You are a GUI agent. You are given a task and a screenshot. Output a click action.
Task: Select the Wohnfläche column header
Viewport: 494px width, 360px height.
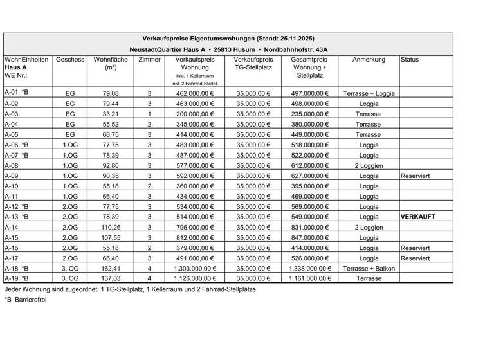pyautogui.click(x=110, y=64)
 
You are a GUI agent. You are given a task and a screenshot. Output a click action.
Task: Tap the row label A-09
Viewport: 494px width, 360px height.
pyautogui.click(x=12, y=174)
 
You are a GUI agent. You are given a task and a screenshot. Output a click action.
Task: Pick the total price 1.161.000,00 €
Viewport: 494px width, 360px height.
pyautogui.click(x=311, y=279)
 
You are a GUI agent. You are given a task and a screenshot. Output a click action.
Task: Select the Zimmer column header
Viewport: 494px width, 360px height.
pyautogui.click(x=149, y=60)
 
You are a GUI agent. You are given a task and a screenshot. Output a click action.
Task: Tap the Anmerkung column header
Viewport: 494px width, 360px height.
pyautogui.click(x=369, y=60)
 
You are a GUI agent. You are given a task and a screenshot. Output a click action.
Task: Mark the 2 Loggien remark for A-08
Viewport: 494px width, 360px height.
pyautogui.click(x=369, y=164)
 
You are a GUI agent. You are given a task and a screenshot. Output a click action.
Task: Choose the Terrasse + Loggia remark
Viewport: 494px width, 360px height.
pyautogui.click(x=370, y=93)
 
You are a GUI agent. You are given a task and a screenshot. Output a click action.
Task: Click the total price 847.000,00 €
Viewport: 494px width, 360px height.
pyautogui.click(x=311, y=237)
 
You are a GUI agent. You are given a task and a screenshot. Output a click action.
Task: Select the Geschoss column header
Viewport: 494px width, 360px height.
pyautogui.click(x=71, y=60)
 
